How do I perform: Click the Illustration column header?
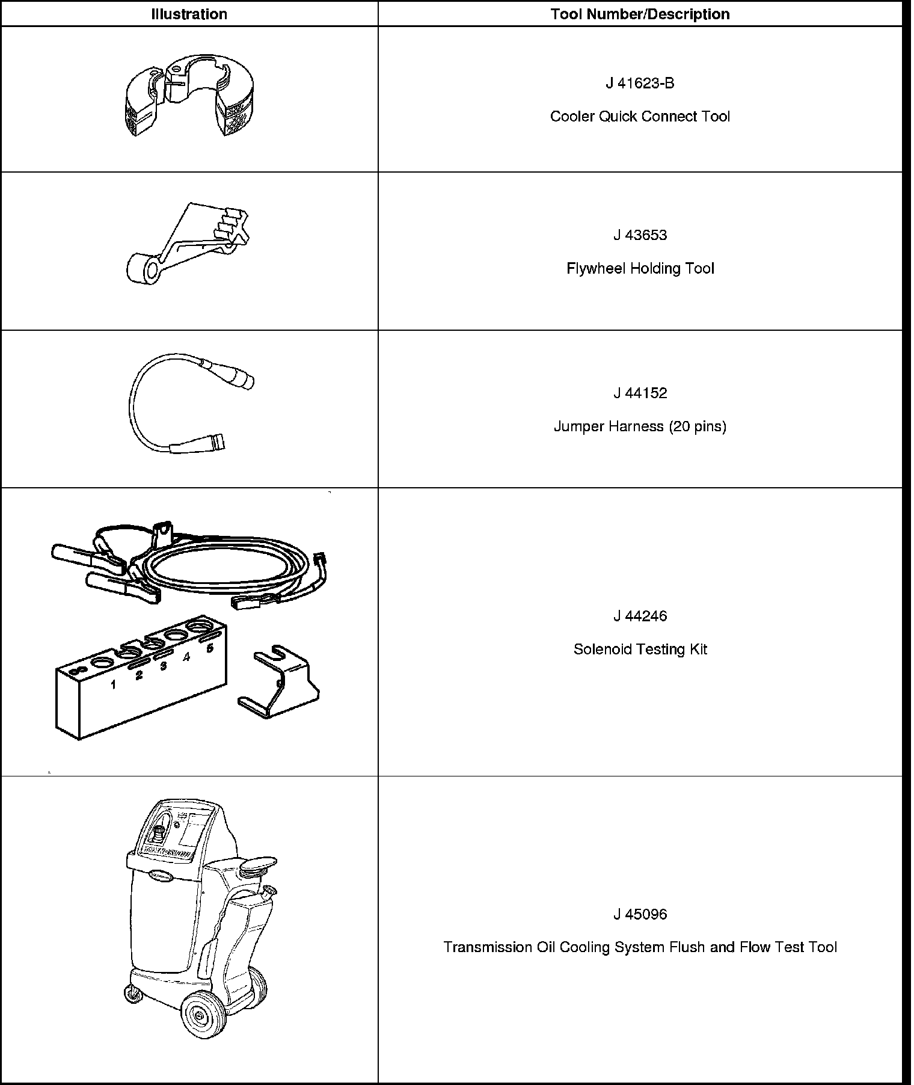[x=189, y=14]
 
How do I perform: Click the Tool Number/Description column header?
[x=640, y=14]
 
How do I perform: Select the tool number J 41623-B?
[x=640, y=84]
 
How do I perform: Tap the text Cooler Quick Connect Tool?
[x=640, y=117]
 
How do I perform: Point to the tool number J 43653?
[x=640, y=235]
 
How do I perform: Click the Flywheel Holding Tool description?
[x=640, y=268]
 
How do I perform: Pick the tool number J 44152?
[x=640, y=393]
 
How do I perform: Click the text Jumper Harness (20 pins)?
[x=640, y=426]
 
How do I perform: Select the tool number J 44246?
[x=640, y=616]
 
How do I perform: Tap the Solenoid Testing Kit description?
[x=640, y=650]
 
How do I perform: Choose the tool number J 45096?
[x=640, y=914]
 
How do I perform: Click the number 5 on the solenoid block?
[x=210, y=648]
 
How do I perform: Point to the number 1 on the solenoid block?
[x=113, y=684]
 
